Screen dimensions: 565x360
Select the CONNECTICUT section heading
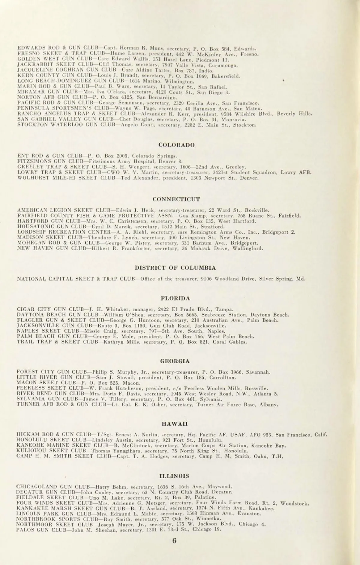(x=176, y=199)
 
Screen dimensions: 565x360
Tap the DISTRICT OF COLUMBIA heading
(x=175, y=267)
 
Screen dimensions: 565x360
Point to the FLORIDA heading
(x=175, y=298)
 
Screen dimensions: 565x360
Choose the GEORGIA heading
(x=175, y=361)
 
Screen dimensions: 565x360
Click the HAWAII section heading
(x=175, y=424)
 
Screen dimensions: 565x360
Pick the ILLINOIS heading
(x=174, y=476)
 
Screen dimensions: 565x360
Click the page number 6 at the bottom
(x=175, y=541)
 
